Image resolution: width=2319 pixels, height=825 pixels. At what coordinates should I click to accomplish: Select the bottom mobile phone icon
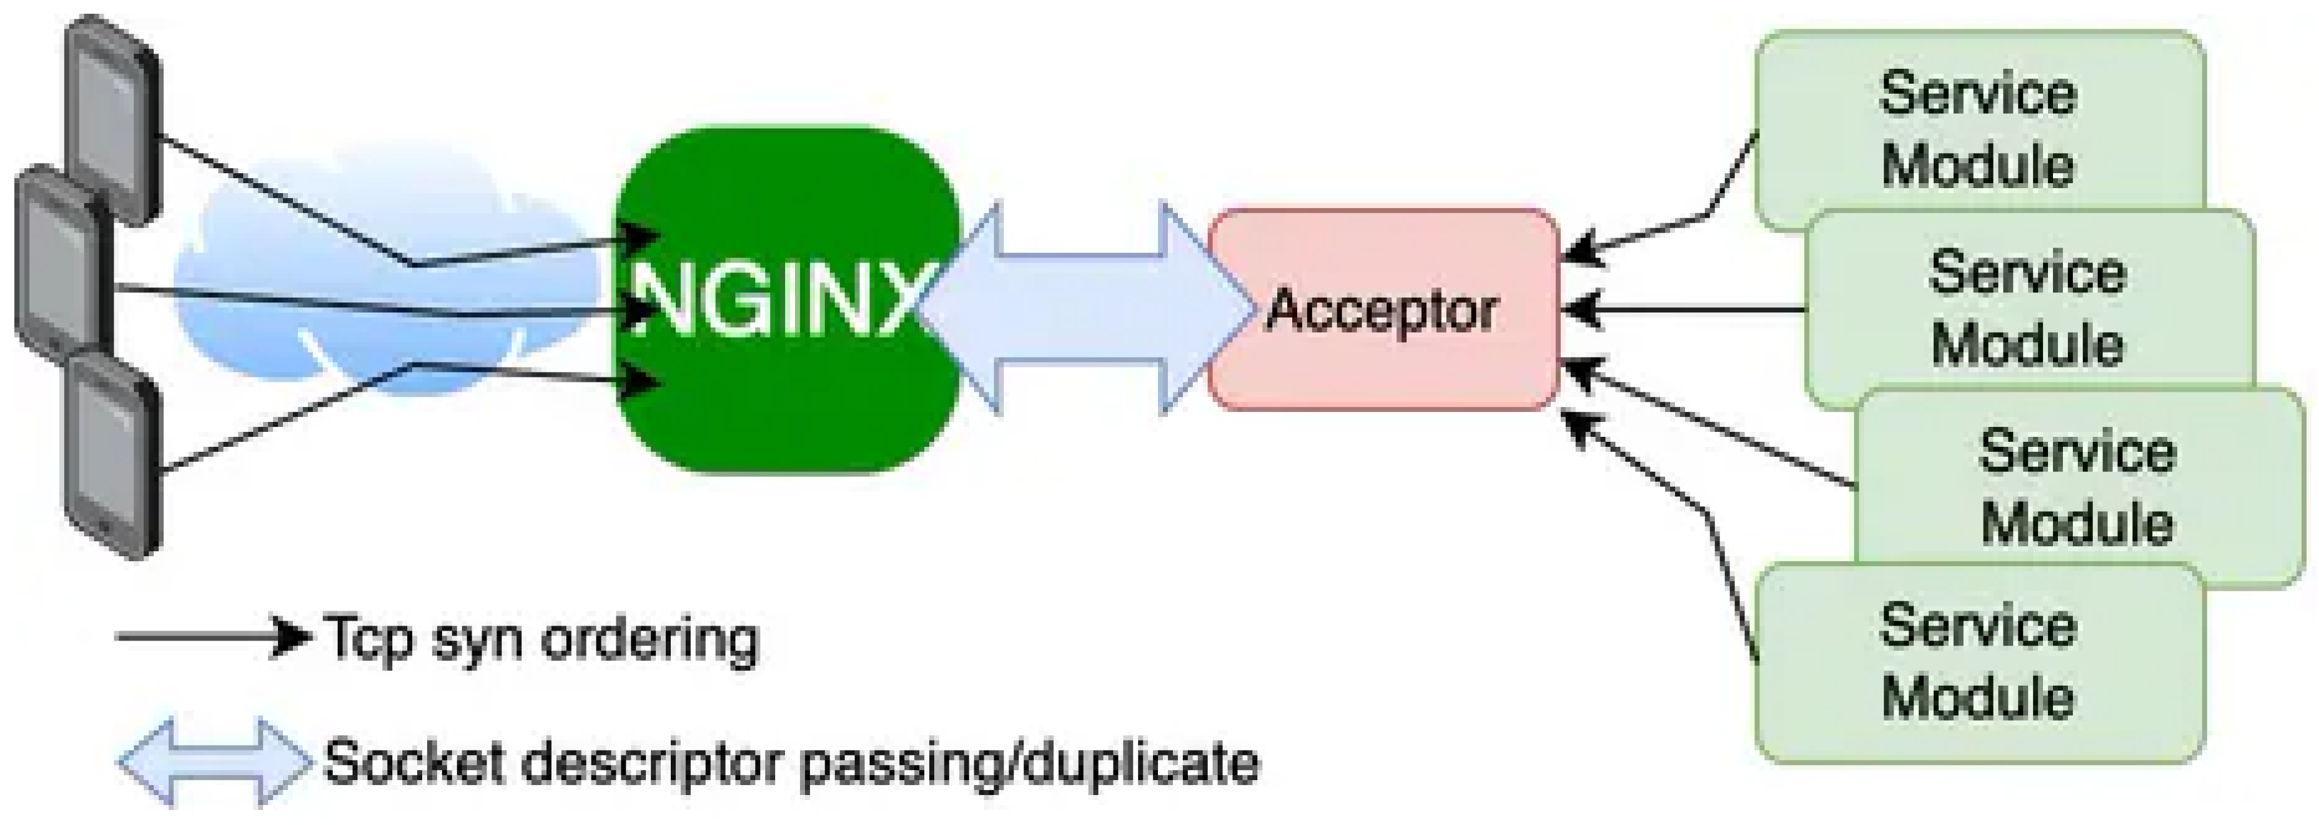tap(112, 455)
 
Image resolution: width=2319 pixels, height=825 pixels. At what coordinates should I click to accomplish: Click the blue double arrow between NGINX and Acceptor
tap(1080, 307)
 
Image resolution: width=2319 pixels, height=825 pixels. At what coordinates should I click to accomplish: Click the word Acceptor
tap(1382, 311)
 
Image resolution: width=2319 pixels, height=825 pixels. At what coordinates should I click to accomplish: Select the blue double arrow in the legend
tap(214, 762)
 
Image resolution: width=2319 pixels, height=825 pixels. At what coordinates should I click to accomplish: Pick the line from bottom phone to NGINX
tap(288, 417)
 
